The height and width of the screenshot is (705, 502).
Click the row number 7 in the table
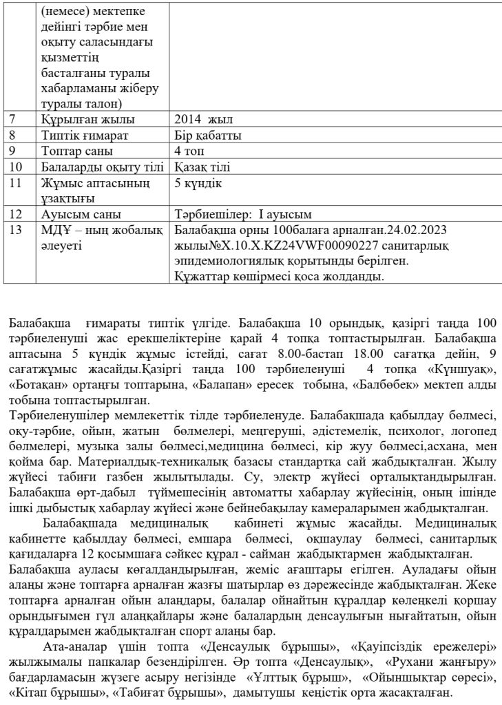14,120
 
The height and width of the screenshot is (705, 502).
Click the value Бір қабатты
207,136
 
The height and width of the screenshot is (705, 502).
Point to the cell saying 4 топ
190,151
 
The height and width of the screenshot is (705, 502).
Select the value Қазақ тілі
202,167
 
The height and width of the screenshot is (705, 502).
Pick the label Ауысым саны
75,213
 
